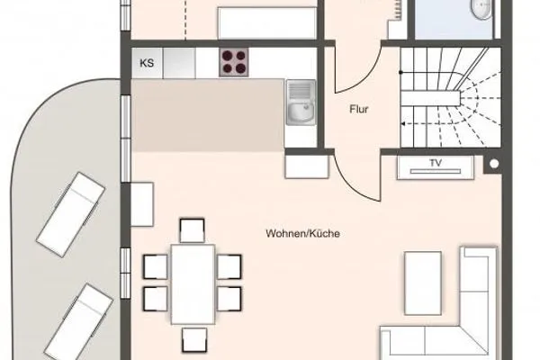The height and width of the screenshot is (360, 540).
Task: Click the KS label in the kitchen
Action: pyautogui.click(x=146, y=63)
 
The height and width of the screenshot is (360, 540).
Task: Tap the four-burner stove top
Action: pyautogui.click(x=235, y=62)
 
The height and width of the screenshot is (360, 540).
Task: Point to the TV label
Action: pyautogui.click(x=436, y=164)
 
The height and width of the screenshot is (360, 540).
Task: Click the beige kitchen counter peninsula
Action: pyautogui.click(x=207, y=115)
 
